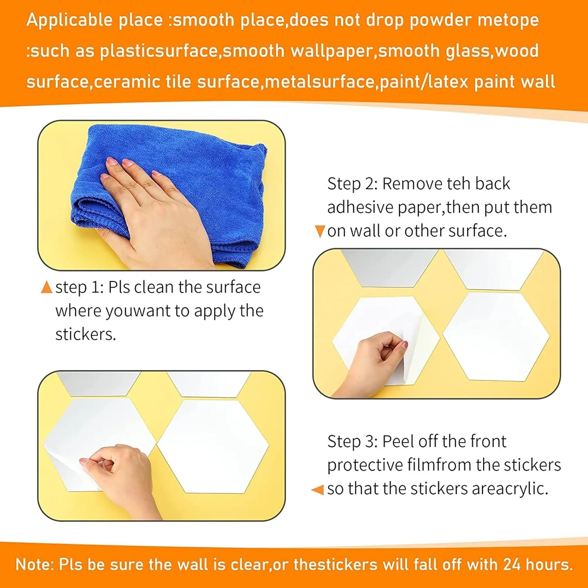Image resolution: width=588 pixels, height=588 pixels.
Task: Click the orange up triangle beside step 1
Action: (46, 287)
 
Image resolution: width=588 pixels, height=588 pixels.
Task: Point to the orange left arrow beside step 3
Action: (318, 490)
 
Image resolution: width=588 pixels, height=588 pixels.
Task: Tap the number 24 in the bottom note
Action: (512, 564)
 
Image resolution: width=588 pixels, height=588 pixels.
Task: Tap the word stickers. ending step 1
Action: (86, 334)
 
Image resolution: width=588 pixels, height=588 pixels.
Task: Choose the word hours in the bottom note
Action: (549, 564)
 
